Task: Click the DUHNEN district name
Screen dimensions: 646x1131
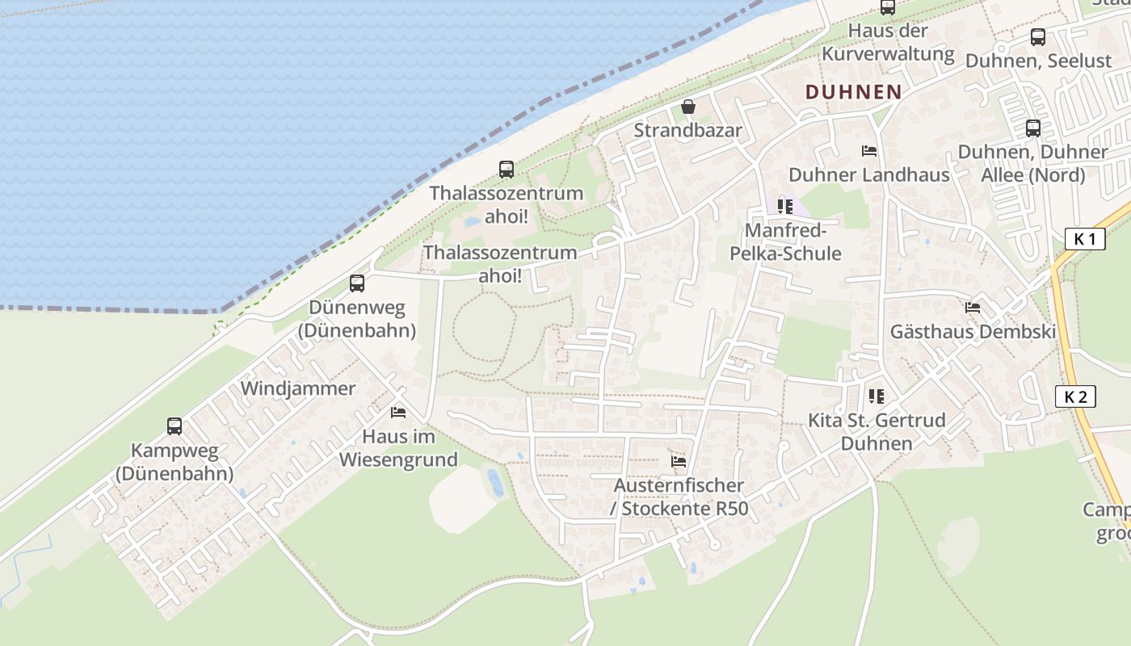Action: tap(853, 92)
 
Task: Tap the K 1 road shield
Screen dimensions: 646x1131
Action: tap(1084, 239)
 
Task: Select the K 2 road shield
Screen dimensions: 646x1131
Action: tap(1075, 396)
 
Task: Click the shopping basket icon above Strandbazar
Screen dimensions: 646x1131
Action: tap(688, 107)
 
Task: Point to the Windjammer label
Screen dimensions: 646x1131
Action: tap(298, 388)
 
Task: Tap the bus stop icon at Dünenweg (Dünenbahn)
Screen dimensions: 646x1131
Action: tap(357, 283)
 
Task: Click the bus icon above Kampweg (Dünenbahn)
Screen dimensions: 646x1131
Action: tap(174, 426)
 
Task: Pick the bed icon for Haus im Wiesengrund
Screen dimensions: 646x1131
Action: tap(398, 413)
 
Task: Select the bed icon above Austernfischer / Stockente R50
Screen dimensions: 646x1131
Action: tap(679, 462)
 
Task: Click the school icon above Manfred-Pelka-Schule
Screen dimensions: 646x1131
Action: tap(785, 207)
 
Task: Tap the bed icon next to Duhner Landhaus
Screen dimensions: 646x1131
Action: tap(869, 151)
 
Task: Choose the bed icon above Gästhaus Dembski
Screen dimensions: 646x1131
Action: tap(973, 308)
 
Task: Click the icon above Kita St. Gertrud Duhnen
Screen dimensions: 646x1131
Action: tap(877, 396)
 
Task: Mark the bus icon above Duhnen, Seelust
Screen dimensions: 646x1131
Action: tap(1038, 37)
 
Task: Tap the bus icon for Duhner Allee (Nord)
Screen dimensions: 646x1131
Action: tap(1032, 128)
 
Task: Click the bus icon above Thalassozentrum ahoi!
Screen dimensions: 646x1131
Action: tap(507, 170)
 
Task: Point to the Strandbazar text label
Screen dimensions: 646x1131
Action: tap(687, 130)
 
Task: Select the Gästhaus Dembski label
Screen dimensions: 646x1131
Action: tap(973, 331)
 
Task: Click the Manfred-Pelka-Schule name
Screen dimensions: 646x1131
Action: tap(785, 242)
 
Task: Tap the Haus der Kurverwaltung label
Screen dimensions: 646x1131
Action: tap(888, 43)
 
